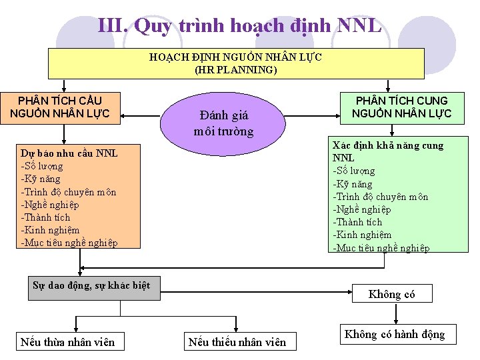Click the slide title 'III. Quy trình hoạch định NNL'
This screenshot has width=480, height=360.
coord(240,26)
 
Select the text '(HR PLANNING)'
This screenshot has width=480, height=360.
coord(236,69)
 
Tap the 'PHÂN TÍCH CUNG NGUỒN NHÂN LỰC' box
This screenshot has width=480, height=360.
coord(401,107)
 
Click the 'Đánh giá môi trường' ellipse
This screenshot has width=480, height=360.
coord(224,123)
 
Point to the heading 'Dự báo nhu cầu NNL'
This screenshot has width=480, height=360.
coord(69,153)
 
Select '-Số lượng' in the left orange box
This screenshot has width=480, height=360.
coord(42,166)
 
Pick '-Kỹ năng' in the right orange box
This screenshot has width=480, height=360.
coord(353,184)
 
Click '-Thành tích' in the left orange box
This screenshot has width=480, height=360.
coord(45,217)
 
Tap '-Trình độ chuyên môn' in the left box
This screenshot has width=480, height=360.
coord(69,192)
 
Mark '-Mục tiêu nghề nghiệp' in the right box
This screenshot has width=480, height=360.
coord(381,248)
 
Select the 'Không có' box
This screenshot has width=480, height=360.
coord(392,294)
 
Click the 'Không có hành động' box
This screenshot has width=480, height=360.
coord(395,335)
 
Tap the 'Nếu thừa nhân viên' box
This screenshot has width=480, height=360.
coord(68,343)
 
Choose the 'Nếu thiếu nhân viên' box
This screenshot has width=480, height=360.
coord(237,343)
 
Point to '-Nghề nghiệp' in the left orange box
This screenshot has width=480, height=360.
coord(50,205)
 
